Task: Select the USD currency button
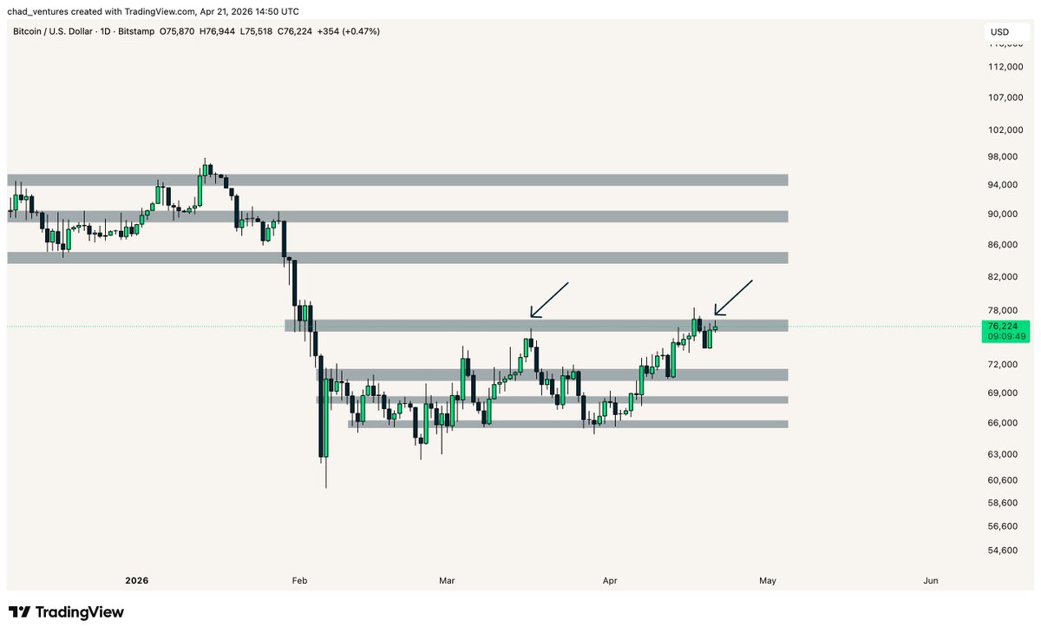(x=1000, y=32)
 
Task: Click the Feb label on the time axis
(x=299, y=580)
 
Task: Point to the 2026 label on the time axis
(x=137, y=580)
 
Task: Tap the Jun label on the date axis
(x=931, y=580)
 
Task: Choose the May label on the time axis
(x=767, y=580)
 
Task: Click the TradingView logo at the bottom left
(x=66, y=612)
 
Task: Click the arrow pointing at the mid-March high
(x=548, y=300)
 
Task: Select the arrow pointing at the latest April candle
(x=733, y=298)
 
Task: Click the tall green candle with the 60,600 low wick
(x=324, y=417)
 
